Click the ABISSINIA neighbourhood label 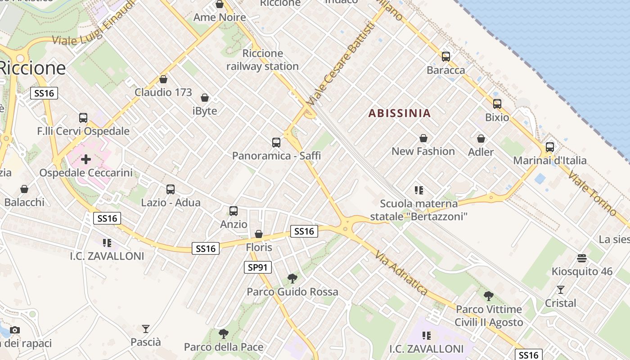(400, 113)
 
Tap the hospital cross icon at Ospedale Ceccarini (85, 159)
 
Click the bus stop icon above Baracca (445, 57)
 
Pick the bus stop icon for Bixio (497, 104)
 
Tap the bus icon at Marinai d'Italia (549, 147)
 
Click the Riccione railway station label (262, 60)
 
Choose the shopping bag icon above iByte (205, 98)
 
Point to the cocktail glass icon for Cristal (560, 289)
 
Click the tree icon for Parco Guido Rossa (292, 279)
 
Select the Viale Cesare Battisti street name (340, 66)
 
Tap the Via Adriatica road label (400, 273)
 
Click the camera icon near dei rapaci (15, 330)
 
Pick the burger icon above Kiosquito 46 (582, 258)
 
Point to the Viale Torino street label (592, 192)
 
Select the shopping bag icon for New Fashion (423, 138)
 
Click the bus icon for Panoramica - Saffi (276, 143)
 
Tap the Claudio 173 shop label (163, 92)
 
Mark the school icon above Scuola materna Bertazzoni (419, 190)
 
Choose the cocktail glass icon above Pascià (145, 328)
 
